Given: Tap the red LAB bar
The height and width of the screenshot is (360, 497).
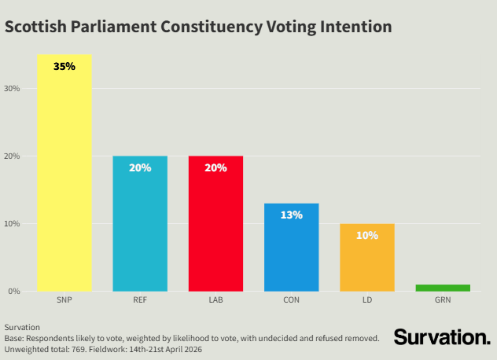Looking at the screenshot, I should coord(215,228).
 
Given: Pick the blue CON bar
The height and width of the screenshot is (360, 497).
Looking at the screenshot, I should coord(291,252).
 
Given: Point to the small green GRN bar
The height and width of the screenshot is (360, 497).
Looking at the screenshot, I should coord(442,288).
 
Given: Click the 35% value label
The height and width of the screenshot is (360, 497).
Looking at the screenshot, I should coord(64,67).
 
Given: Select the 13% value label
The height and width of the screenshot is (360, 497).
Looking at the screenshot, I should coord(291,215).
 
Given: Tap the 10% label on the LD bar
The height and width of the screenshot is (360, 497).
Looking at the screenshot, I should coord(366,235).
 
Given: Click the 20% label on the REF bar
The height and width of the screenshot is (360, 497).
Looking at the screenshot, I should coord(140,167).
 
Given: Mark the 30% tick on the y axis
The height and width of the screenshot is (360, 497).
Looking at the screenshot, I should coord(13,88).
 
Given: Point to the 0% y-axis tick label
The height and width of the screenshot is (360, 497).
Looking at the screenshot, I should coord(14,292).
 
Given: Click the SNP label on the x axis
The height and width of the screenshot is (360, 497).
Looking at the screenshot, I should coord(64,299).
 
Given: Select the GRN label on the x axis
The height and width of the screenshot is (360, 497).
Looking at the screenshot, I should coord(442,299).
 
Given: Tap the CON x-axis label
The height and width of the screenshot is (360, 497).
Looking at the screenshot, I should coord(291,299).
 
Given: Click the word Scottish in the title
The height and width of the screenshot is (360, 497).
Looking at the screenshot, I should coord(36,27).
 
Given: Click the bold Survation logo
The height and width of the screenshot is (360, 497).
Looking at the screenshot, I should coord(441,337).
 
